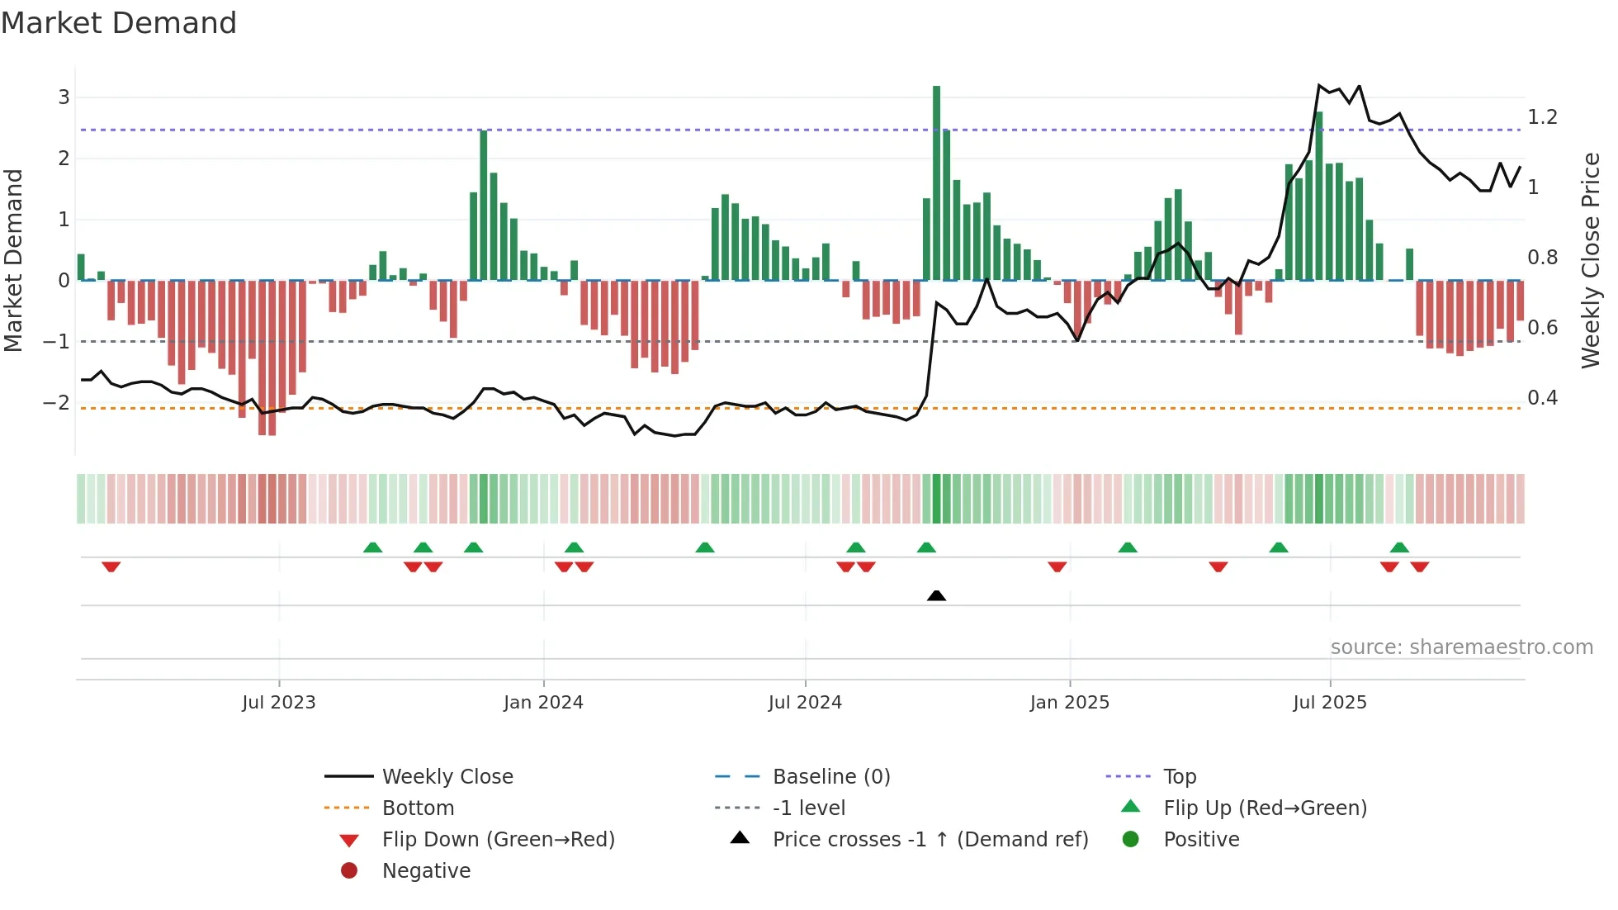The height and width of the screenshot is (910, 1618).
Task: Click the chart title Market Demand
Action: click(x=119, y=23)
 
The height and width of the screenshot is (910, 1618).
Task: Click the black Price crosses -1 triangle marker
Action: click(x=936, y=595)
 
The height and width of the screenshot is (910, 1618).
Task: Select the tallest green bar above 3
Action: click(x=936, y=182)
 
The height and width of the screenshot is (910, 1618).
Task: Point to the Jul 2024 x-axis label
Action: click(x=805, y=703)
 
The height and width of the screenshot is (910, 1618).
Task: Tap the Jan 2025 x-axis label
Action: click(x=1070, y=703)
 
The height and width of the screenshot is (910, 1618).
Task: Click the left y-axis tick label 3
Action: click(x=64, y=97)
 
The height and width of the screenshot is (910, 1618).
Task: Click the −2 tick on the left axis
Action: click(x=57, y=403)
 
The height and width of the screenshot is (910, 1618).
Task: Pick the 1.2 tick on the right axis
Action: click(x=1542, y=117)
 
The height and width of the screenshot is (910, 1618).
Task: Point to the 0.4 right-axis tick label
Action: click(x=1542, y=398)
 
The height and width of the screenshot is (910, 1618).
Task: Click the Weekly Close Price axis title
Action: click(x=1590, y=260)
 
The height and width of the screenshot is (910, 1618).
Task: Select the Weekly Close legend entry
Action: click(x=447, y=777)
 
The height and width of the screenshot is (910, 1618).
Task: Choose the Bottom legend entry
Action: click(x=418, y=808)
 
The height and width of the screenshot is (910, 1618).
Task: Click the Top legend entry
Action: click(x=1180, y=777)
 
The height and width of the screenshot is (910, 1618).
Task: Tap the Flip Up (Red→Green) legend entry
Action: click(x=1265, y=808)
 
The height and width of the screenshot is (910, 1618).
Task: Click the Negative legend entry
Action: click(x=426, y=871)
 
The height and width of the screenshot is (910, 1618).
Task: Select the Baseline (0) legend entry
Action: click(x=830, y=777)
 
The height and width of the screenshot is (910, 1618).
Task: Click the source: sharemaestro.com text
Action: click(x=1461, y=647)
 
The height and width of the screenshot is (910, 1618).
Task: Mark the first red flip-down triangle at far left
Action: click(x=111, y=566)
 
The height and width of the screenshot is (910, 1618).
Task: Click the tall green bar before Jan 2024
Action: click(x=484, y=206)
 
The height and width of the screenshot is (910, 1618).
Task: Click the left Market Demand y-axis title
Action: click(x=13, y=260)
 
